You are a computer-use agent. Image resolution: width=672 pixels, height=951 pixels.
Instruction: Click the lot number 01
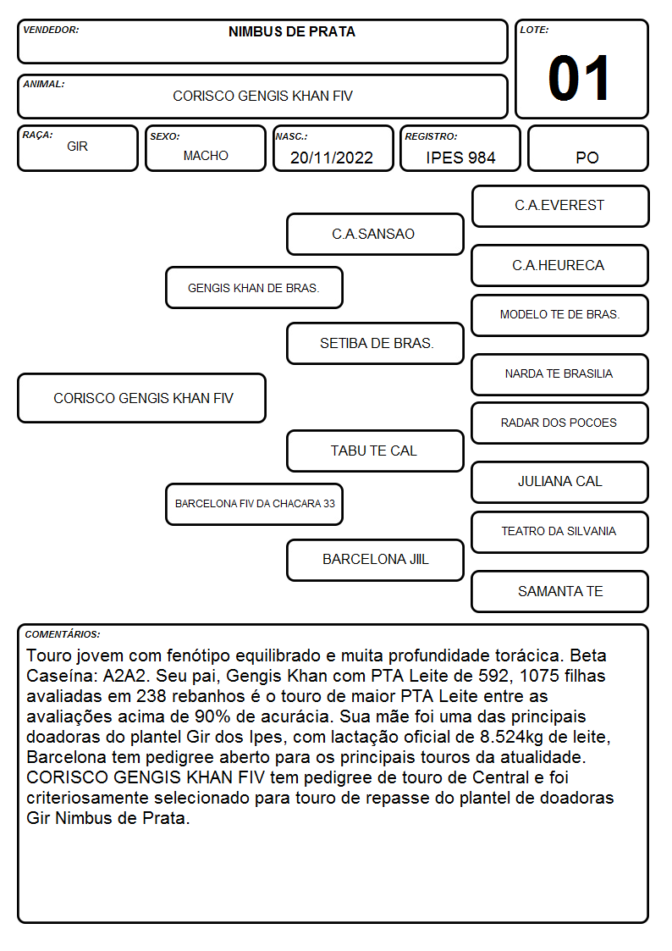[579, 78]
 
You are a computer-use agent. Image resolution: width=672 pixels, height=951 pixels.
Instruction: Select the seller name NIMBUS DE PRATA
[291, 32]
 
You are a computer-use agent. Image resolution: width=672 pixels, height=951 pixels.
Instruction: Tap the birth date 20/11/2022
[332, 158]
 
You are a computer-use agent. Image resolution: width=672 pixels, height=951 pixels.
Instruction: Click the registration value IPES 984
[460, 158]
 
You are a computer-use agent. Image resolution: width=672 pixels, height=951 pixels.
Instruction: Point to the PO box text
[587, 158]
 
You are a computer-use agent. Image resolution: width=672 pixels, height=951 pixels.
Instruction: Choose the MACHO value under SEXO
[206, 156]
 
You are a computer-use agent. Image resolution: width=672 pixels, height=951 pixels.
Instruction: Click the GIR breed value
[78, 147]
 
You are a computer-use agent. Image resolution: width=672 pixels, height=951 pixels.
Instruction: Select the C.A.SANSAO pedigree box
[375, 234]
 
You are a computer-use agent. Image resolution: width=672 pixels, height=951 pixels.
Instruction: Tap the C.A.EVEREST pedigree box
[560, 207]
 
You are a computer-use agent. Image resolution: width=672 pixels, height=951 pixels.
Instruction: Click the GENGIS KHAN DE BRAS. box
[254, 288]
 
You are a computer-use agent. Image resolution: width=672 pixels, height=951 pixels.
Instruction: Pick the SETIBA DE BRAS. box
[375, 343]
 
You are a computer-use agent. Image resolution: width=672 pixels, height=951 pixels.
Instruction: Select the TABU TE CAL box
[375, 451]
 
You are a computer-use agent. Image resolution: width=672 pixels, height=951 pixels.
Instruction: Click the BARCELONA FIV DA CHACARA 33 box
[254, 504]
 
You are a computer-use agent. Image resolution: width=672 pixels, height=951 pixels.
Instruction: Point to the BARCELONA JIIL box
[375, 560]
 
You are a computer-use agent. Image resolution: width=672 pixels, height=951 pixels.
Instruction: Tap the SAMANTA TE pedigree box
[560, 591]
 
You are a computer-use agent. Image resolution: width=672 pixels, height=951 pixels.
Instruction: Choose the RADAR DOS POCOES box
[560, 423]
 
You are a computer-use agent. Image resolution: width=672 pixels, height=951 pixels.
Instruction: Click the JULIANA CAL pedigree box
[560, 482]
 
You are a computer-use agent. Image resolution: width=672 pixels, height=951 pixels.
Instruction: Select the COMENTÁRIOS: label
[63, 634]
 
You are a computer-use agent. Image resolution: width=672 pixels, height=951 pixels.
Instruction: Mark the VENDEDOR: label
[51, 30]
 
